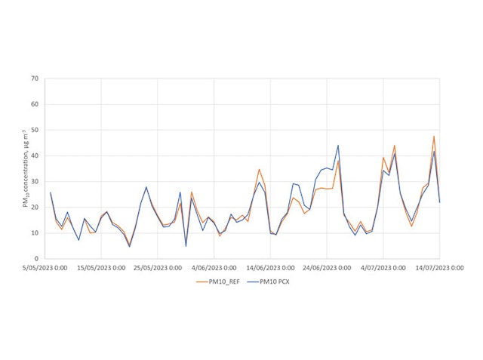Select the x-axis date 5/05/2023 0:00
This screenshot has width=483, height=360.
(45, 266)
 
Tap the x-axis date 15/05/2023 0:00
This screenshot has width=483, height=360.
(101, 266)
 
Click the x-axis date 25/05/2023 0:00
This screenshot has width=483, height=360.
(158, 266)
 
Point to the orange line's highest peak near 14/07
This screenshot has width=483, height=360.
(434, 137)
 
